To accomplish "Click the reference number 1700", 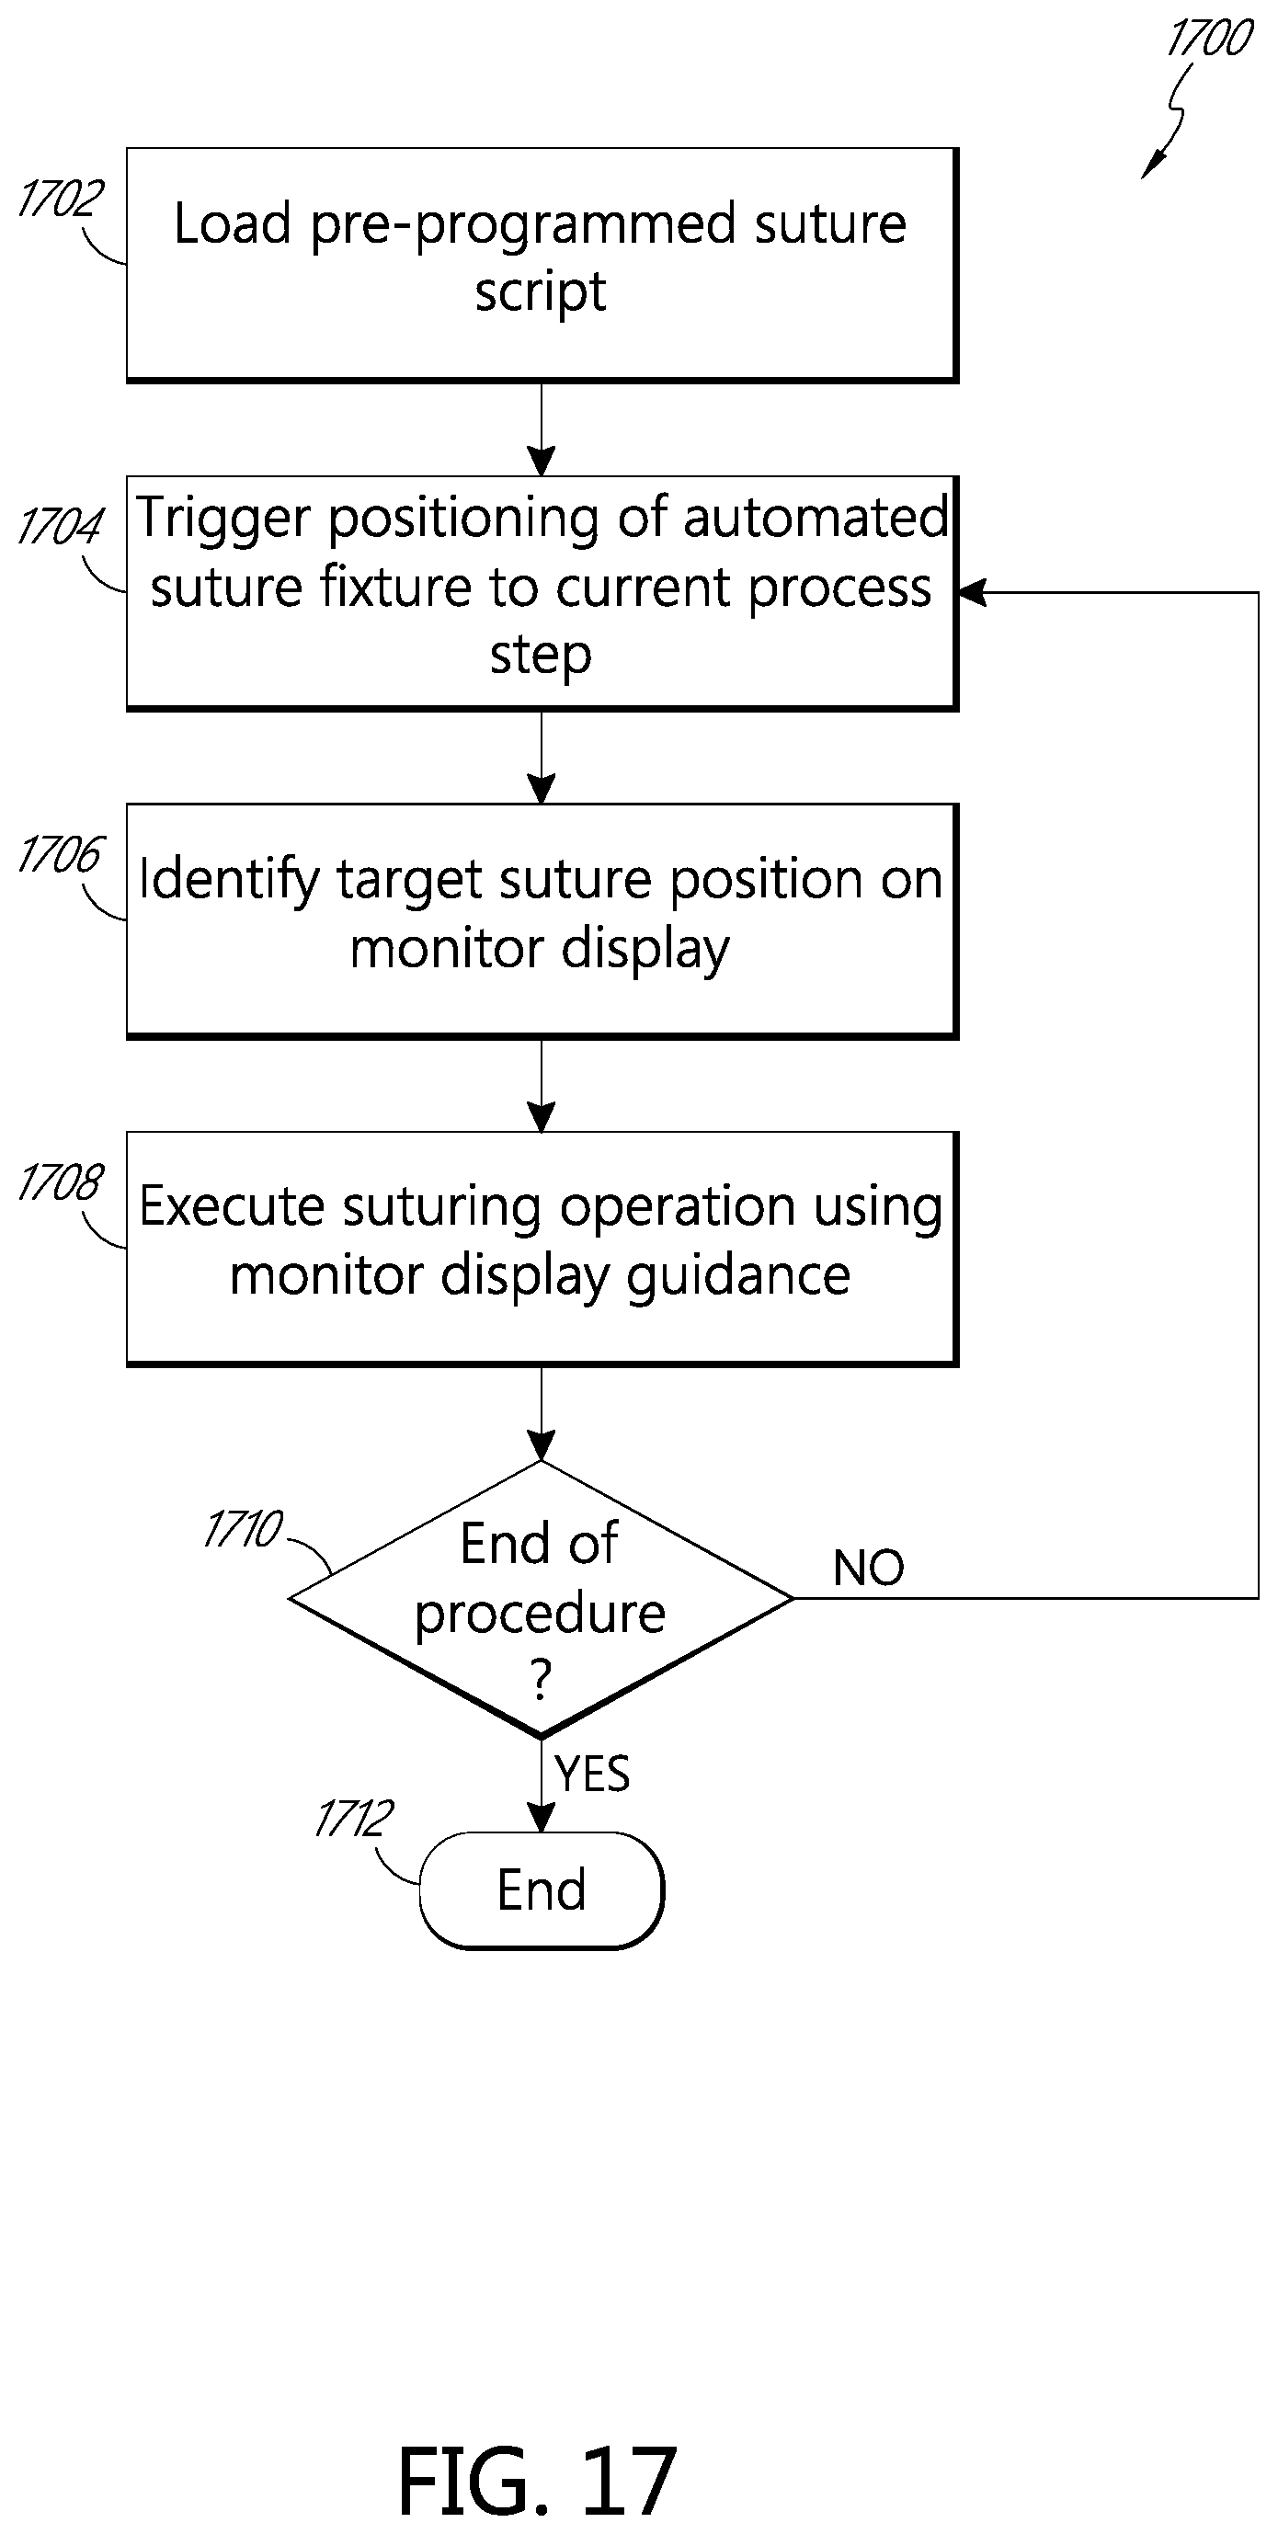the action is coord(1209,39).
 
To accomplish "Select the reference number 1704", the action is coord(61,525).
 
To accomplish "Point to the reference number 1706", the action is coord(61,853).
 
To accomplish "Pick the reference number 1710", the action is coord(244,1530).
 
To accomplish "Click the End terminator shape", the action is coord(542,1889).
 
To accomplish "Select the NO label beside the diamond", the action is coord(869,1568).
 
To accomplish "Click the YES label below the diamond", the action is coord(592,1774).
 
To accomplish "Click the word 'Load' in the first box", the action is coord(234,223).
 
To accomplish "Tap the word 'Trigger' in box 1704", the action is coord(223,519).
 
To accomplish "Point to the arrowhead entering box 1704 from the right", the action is coord(971,592).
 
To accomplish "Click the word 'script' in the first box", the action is coord(540,292).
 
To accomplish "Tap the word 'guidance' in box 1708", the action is coord(739,1277).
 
